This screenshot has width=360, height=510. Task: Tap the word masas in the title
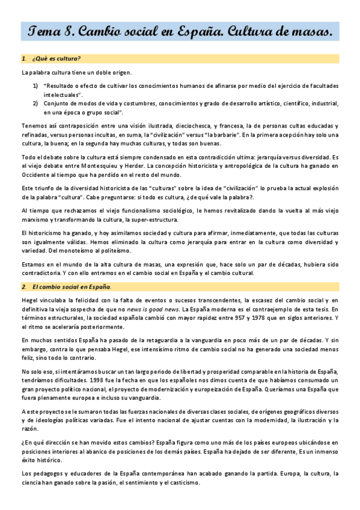click(x=306, y=31)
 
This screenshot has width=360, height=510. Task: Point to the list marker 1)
click(x=35, y=86)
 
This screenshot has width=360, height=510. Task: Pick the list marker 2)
click(x=35, y=103)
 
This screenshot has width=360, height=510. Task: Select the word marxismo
click(x=35, y=220)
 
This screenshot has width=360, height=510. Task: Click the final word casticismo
click(x=185, y=482)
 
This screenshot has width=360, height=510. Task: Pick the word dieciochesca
click(x=176, y=126)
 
